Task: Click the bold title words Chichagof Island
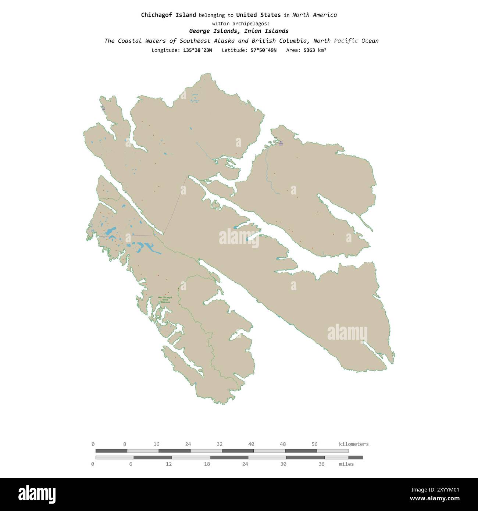[168, 15]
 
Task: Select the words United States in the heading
[258, 15]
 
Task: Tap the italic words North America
[314, 15]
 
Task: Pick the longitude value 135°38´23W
[197, 50]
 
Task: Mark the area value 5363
[309, 50]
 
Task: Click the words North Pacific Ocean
[346, 41]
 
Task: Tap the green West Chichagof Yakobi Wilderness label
[165, 300]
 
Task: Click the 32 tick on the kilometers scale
[220, 444]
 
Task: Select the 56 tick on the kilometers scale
[314, 444]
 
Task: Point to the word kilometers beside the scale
[353, 444]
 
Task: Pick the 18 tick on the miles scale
[207, 464]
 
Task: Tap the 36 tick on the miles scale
[321, 464]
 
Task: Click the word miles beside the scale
[346, 464]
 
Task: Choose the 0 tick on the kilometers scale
[93, 444]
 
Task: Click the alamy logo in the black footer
[37, 494]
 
